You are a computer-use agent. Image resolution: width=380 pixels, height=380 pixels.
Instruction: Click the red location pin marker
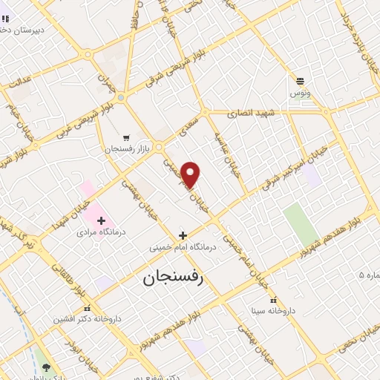(x=191, y=174)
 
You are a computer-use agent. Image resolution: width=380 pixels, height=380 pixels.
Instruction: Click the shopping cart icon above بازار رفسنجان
(x=126, y=137)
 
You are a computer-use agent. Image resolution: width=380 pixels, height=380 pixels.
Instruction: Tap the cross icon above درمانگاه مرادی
(x=102, y=220)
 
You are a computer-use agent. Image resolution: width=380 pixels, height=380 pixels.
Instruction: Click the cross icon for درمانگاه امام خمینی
(x=183, y=235)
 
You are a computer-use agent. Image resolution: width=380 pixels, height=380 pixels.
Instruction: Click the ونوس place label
(x=301, y=94)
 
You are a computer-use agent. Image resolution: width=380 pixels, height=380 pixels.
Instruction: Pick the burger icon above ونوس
(x=300, y=82)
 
